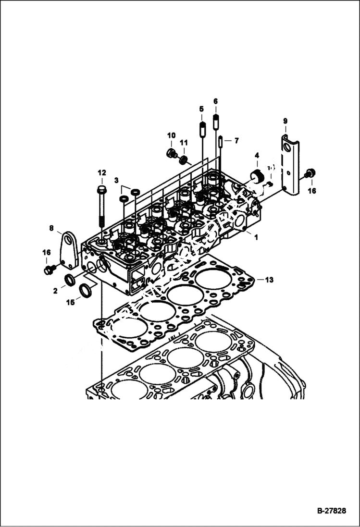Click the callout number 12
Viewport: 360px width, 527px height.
coord(101,172)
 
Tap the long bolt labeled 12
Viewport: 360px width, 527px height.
coord(102,207)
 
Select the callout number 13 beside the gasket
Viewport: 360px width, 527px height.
coord(269,280)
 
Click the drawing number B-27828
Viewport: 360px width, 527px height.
coord(331,511)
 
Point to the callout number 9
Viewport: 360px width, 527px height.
coord(285,121)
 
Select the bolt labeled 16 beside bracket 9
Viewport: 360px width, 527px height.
coord(310,172)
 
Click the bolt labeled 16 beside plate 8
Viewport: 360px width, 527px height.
coord(48,270)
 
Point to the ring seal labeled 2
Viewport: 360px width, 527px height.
coord(70,280)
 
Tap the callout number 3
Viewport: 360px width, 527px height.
coord(116,180)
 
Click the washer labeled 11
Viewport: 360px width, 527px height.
coord(183,159)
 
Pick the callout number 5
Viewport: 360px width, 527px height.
coord(201,109)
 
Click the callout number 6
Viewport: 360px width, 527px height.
coord(215,101)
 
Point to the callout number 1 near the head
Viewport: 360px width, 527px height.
coord(256,237)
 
